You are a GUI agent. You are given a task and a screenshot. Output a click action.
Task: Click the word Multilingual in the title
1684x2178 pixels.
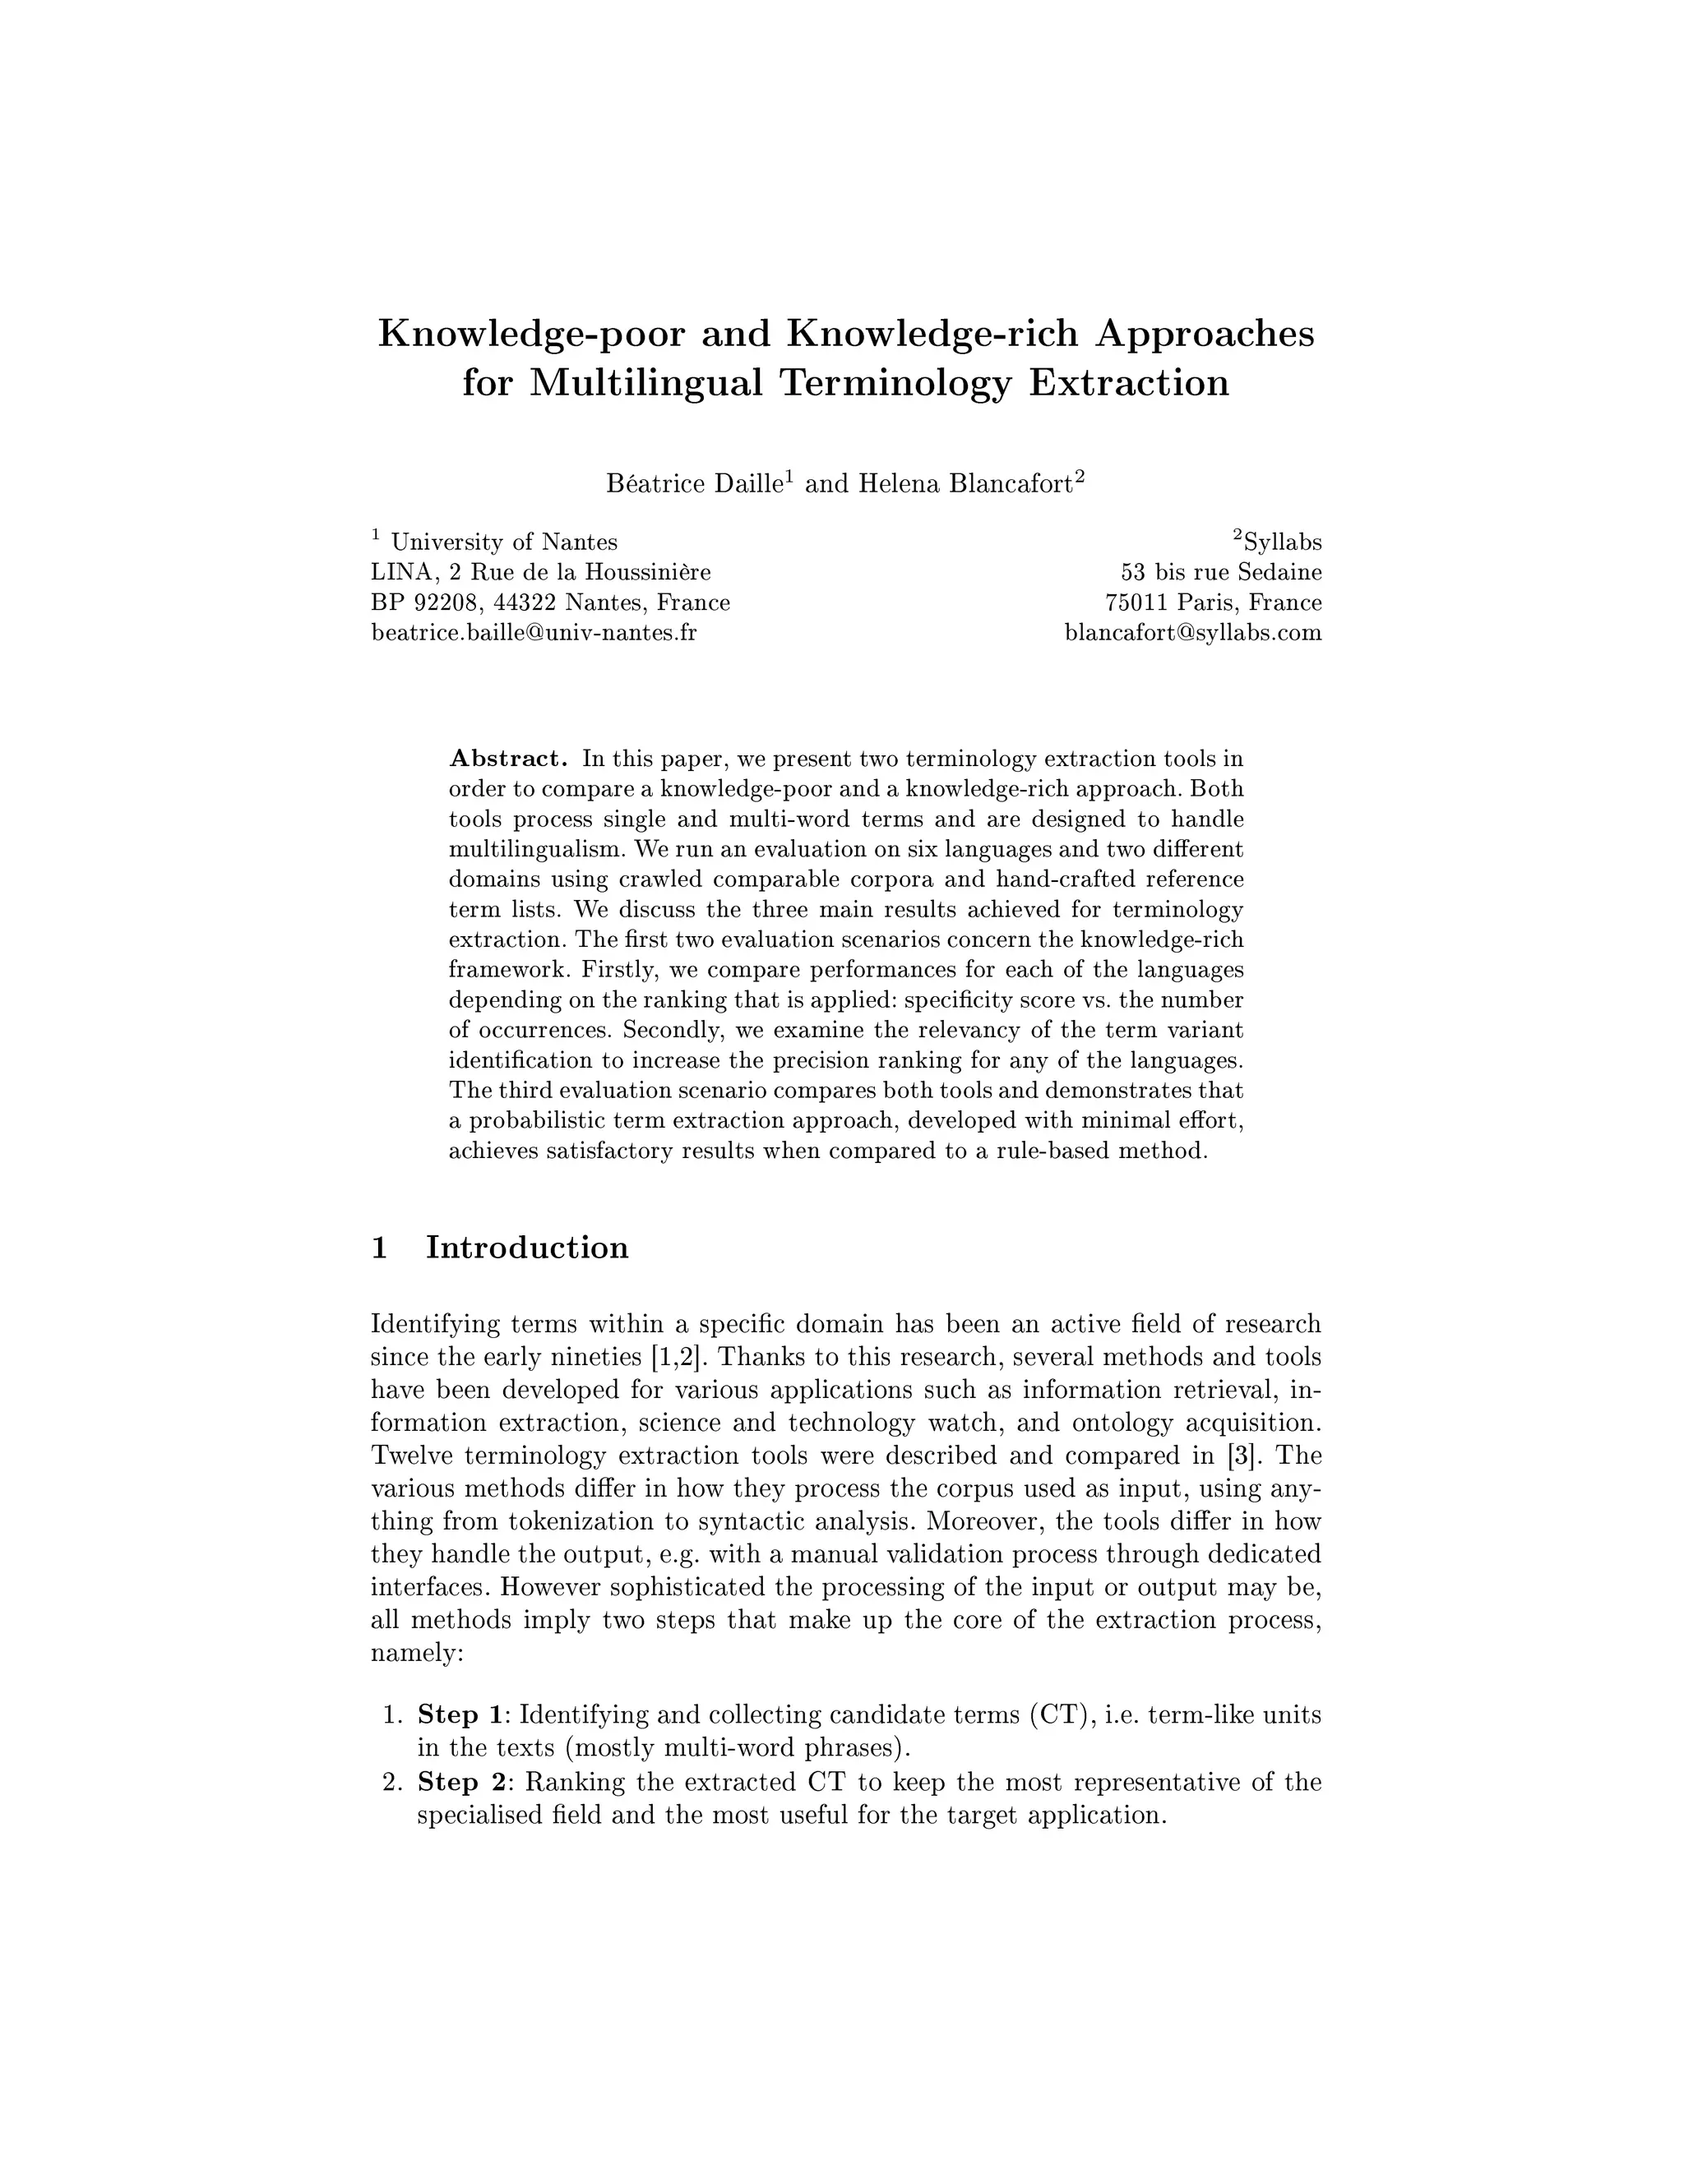click(645, 384)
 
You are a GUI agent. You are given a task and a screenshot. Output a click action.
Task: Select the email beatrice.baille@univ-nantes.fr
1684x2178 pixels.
click(534, 632)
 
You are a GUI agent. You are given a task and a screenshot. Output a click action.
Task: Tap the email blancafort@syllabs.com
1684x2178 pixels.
click(1193, 632)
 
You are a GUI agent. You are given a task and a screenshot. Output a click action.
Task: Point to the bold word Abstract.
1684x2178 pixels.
click(508, 759)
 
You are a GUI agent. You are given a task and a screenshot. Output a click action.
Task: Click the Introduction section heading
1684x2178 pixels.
click(527, 1248)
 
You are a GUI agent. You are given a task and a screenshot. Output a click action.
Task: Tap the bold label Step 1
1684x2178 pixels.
click(462, 1715)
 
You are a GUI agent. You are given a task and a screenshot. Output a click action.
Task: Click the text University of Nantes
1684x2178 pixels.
click(504, 542)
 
